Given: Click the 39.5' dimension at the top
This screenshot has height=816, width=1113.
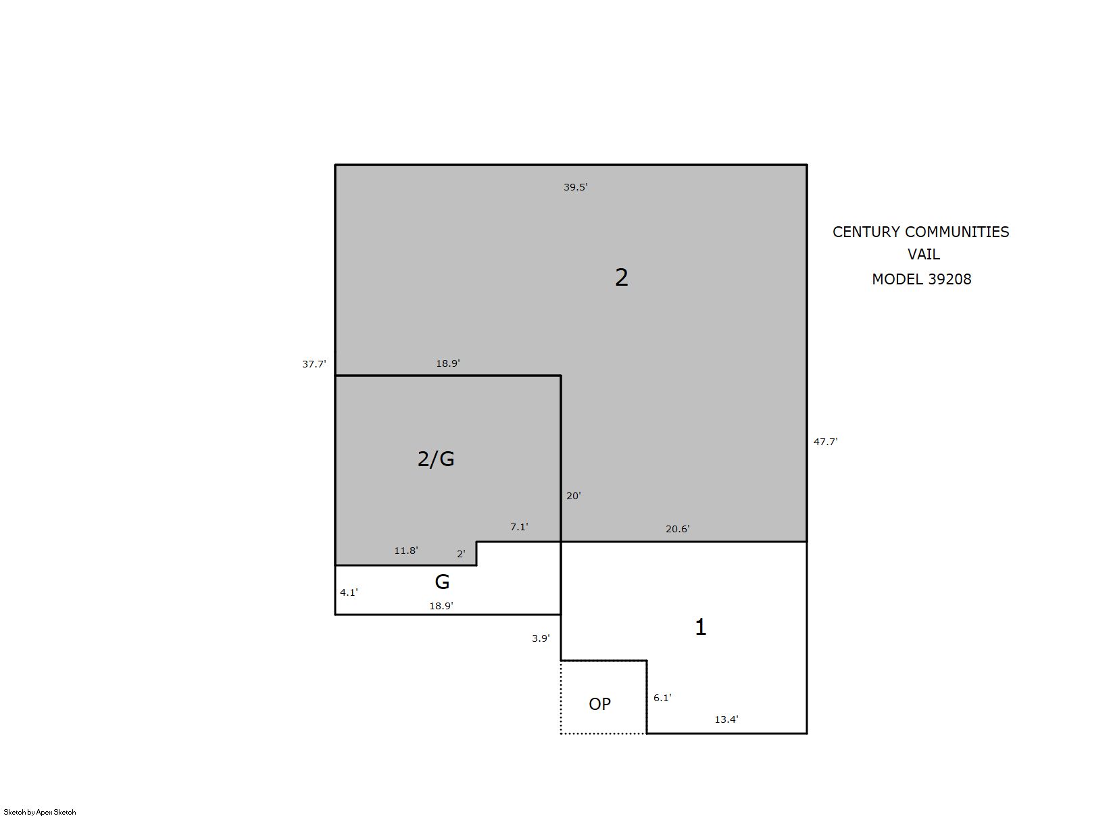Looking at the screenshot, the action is tap(575, 187).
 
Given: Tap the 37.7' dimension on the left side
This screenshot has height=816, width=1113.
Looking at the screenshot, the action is tap(314, 364).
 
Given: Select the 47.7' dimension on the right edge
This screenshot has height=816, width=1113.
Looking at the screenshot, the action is tap(825, 442).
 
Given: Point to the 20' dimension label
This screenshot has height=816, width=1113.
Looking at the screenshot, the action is tap(573, 496).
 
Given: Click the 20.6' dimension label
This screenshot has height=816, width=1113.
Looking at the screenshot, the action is tap(678, 529).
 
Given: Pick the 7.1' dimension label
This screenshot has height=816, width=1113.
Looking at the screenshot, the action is tap(519, 527).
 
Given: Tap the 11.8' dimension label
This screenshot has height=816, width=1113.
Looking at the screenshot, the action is tap(406, 551).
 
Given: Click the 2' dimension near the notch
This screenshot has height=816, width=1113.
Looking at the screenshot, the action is tap(461, 554).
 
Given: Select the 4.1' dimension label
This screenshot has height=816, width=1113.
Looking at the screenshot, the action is tap(349, 592).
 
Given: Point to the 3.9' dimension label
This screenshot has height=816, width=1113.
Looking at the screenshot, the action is tap(541, 638).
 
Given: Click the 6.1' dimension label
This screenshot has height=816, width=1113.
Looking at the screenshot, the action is tap(662, 698).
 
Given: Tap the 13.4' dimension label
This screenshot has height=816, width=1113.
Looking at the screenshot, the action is tap(726, 719).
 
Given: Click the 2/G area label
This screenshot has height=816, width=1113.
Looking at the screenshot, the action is tap(436, 459).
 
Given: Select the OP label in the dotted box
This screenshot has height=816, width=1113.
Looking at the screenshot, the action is tap(599, 704).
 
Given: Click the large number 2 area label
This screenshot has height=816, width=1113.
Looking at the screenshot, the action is tap(622, 277).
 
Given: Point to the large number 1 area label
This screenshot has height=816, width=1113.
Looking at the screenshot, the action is tap(701, 627).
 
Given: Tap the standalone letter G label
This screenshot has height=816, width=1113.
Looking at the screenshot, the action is tap(442, 582).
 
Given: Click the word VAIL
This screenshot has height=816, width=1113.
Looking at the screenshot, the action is tap(924, 254).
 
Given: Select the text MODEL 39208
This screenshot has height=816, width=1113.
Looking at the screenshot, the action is tap(922, 279).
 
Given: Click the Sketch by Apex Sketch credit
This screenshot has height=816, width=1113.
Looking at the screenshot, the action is tap(40, 812).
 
